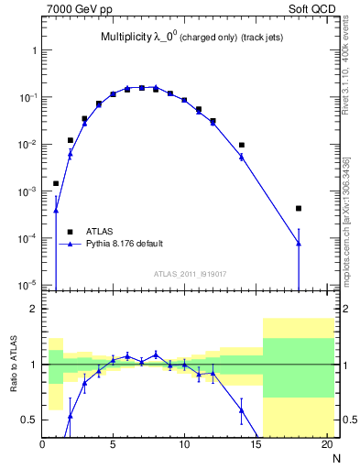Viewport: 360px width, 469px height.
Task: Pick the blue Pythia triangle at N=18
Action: (299, 243)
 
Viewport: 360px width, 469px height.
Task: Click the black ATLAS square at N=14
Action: (242, 145)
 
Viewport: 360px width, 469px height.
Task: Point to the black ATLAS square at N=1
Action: (56, 183)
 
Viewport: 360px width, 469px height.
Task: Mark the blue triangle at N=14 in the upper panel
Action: (242, 157)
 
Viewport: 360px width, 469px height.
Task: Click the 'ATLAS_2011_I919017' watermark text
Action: (189, 273)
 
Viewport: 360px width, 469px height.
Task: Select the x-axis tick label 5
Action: (113, 446)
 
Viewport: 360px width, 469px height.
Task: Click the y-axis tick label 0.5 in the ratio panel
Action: (29, 420)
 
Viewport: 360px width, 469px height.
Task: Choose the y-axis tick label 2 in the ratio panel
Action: (33, 309)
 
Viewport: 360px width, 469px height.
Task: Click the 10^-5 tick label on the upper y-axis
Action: (27, 285)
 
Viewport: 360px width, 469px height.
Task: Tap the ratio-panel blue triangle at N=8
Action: (156, 354)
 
